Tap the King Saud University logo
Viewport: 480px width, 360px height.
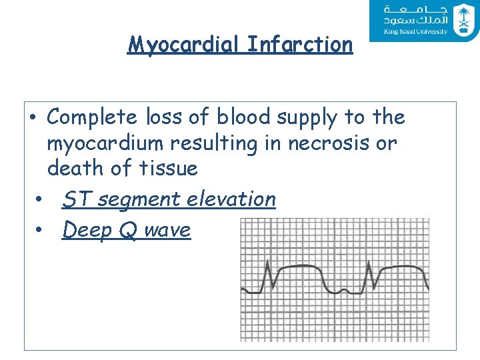423,21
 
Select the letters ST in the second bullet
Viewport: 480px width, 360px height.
74,199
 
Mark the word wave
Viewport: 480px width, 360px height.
167,231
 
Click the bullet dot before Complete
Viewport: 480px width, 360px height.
32,118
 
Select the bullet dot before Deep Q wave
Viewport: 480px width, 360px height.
40,231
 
